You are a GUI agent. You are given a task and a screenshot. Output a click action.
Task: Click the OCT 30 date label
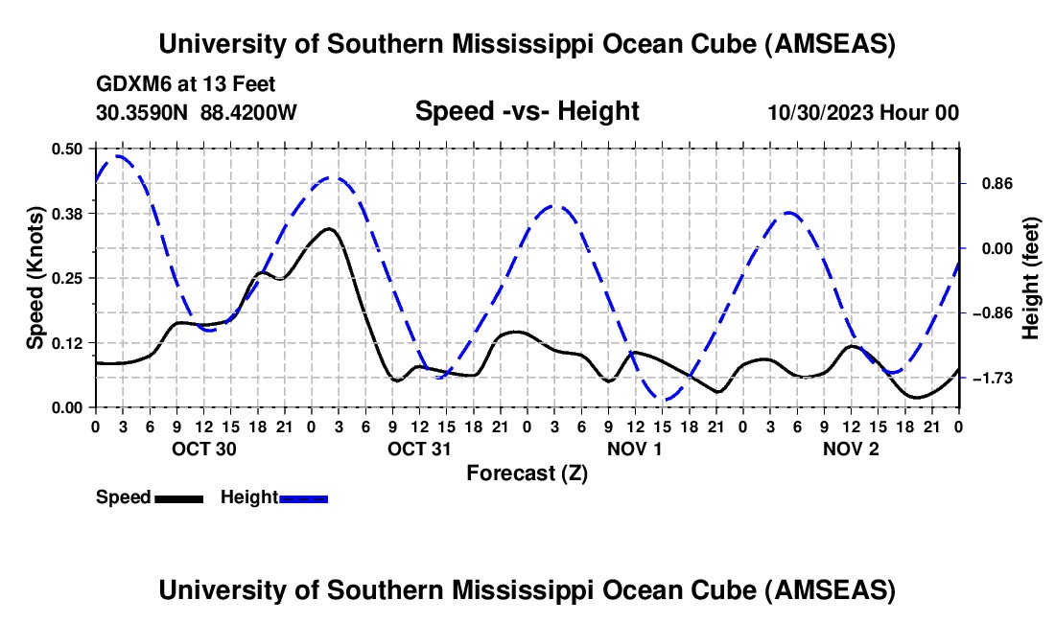(203, 449)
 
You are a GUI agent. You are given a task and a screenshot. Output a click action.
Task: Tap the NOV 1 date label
(636, 449)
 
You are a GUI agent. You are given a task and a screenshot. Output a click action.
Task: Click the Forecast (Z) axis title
(527, 473)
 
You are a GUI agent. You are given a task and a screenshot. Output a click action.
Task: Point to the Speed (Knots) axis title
(35, 278)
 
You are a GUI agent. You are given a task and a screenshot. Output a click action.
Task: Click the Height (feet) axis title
(1032, 278)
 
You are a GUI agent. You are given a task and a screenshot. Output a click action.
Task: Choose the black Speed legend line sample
(178, 497)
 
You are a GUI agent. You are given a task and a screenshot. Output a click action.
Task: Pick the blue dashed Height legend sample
(304, 497)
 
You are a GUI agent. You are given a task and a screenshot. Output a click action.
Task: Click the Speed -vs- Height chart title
(527, 112)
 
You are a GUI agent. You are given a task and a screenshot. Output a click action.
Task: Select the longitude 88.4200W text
(249, 113)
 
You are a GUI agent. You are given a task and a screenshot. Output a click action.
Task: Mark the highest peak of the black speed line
(329, 228)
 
